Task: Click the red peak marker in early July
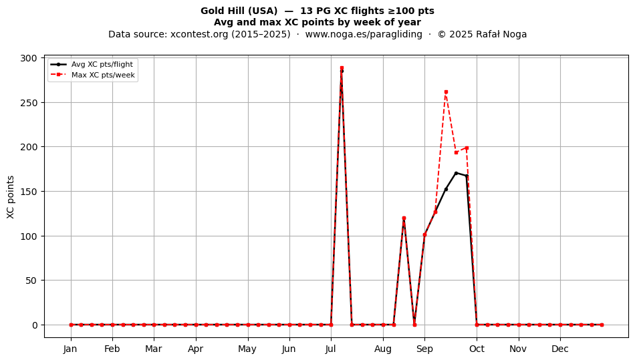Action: tap(342, 68)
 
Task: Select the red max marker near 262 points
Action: tap(446, 92)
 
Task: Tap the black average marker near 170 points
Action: tap(456, 173)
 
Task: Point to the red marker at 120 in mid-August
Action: tap(404, 218)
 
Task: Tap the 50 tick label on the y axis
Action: tap(31, 281)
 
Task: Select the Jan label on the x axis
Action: tap(70, 349)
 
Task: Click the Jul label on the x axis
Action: tap(331, 349)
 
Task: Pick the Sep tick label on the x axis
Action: tap(424, 349)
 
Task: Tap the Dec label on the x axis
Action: tap(560, 349)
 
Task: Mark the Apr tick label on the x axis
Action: tap(196, 349)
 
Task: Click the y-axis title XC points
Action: tap(11, 197)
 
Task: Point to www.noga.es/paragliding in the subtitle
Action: tap(364, 34)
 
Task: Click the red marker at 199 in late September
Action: tap(467, 148)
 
